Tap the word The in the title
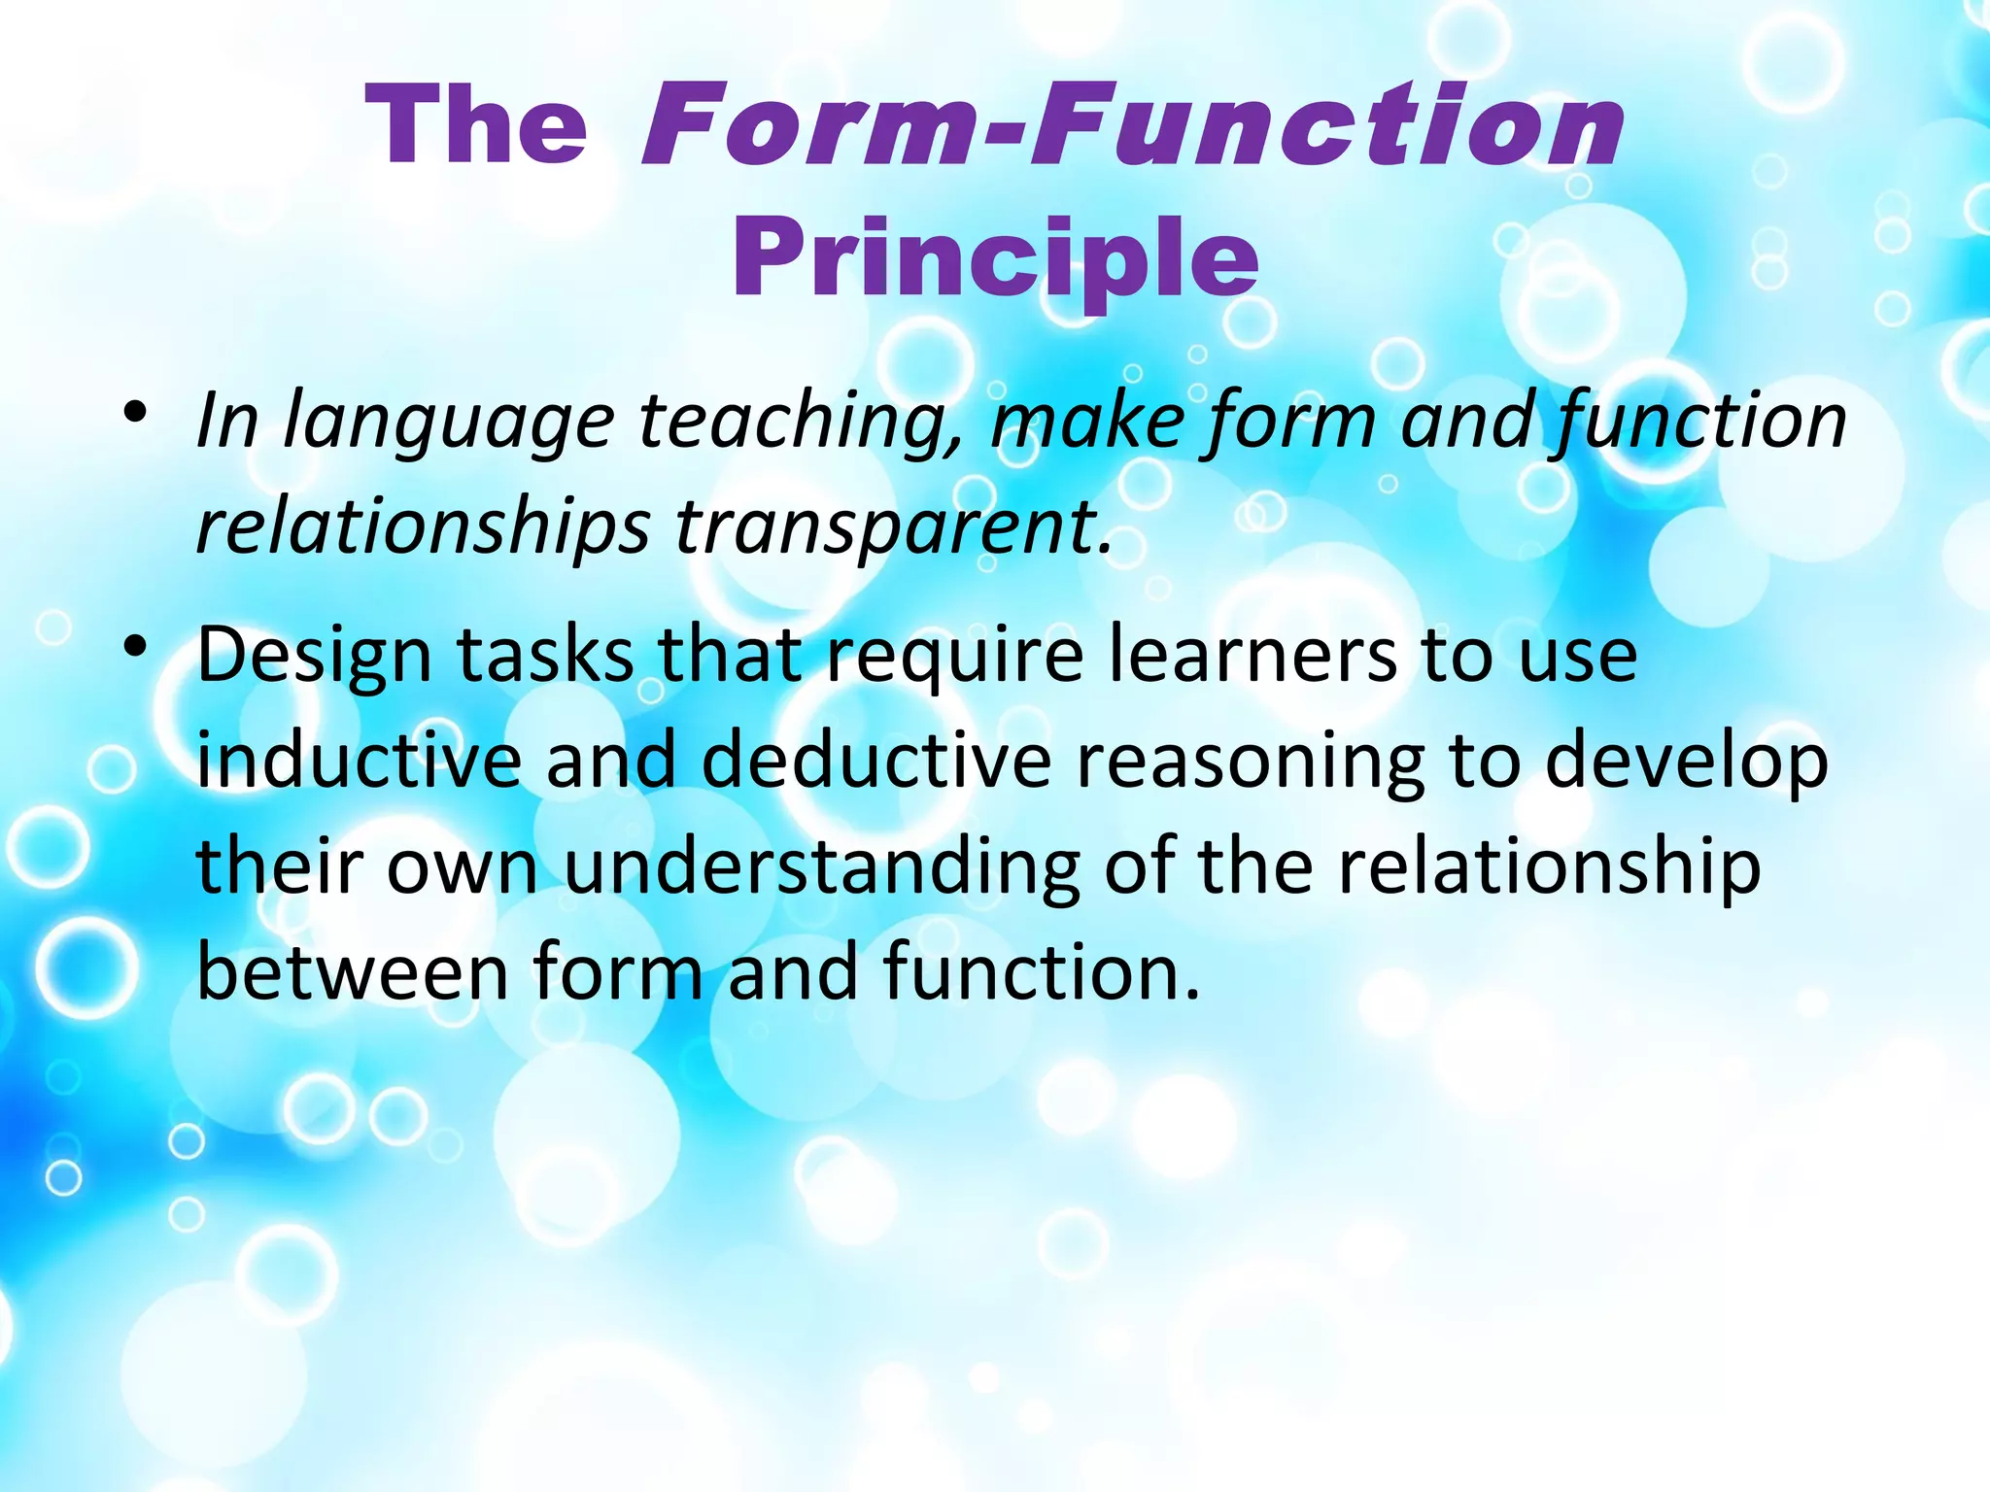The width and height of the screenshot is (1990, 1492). click(476, 126)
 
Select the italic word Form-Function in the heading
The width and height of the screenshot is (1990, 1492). click(1132, 126)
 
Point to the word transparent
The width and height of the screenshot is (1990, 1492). click(892, 526)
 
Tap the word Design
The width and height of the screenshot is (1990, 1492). click(314, 656)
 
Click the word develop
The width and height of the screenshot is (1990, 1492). click(1686, 763)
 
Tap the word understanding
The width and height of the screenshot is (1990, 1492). click(822, 867)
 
